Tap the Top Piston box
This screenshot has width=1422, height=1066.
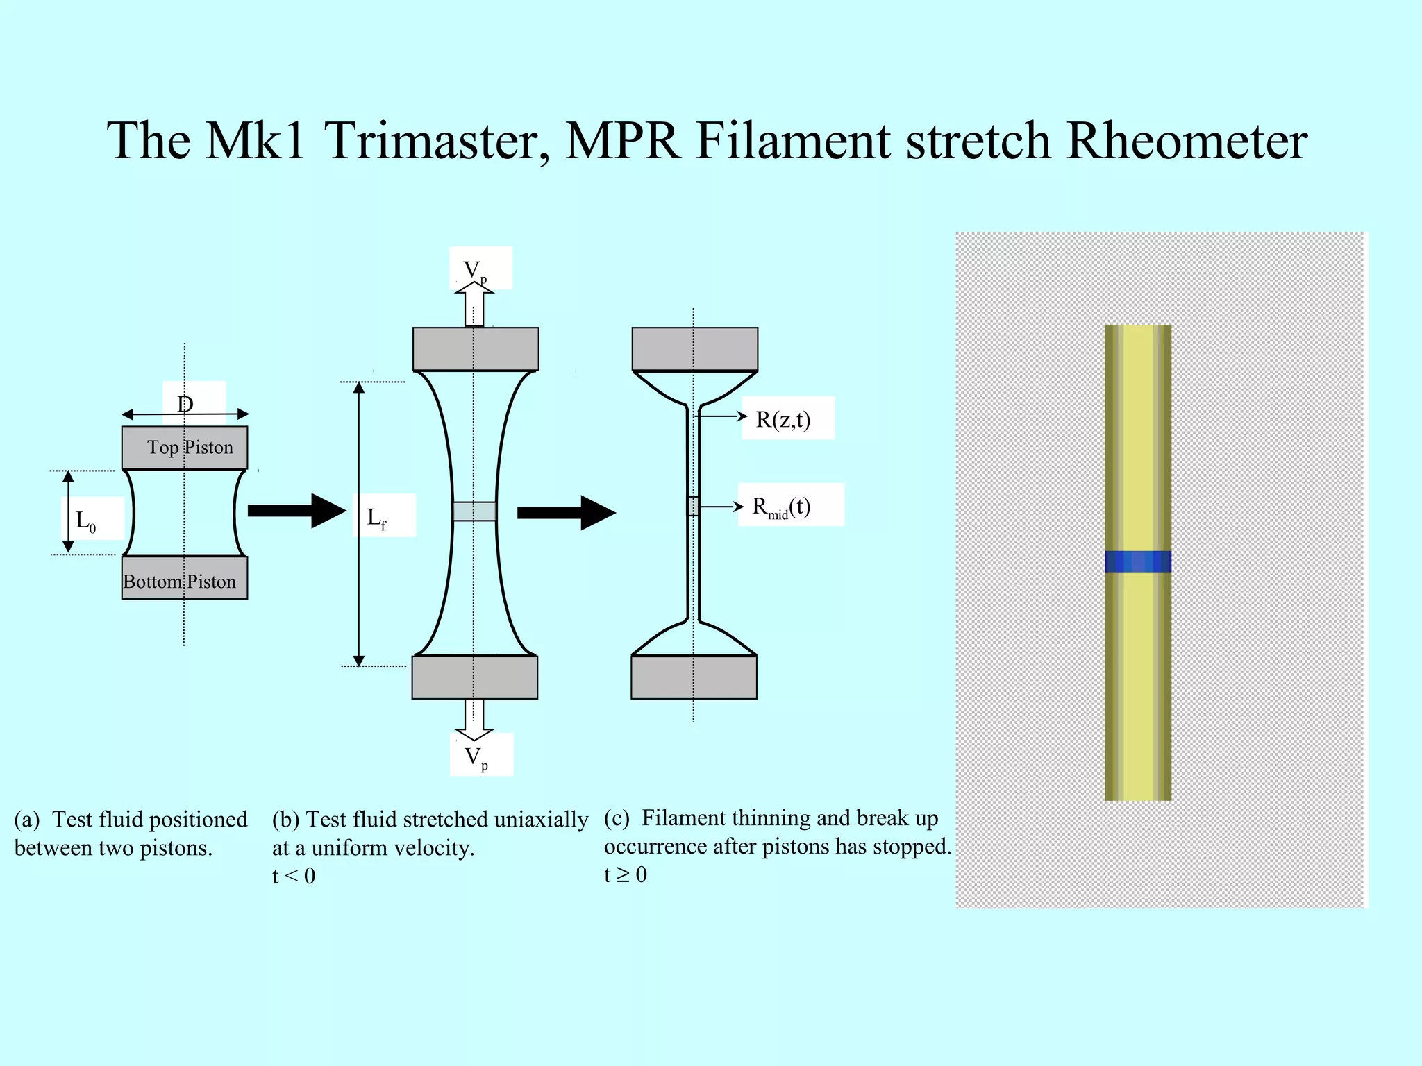pyautogui.click(x=185, y=448)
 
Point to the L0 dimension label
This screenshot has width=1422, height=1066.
pyautogui.click(x=86, y=520)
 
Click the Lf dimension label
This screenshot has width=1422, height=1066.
pyautogui.click(x=376, y=517)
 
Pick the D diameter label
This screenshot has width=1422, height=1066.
pyautogui.click(x=185, y=404)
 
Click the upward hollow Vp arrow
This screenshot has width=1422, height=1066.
pyautogui.click(x=474, y=305)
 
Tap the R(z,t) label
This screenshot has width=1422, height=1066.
pyautogui.click(x=783, y=419)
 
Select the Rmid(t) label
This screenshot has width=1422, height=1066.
pyautogui.click(x=782, y=507)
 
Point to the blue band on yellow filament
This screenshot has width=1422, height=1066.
pyautogui.click(x=1138, y=561)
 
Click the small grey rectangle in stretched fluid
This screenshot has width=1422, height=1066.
pyautogui.click(x=474, y=511)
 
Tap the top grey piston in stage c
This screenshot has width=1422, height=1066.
pyautogui.click(x=694, y=349)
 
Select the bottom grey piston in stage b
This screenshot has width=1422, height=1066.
pyautogui.click(x=474, y=677)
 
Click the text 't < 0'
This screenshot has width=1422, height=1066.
pyautogui.click(x=294, y=876)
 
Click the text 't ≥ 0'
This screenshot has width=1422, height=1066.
pyautogui.click(x=626, y=874)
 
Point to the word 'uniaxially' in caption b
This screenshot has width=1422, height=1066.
pyautogui.click(x=541, y=820)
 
